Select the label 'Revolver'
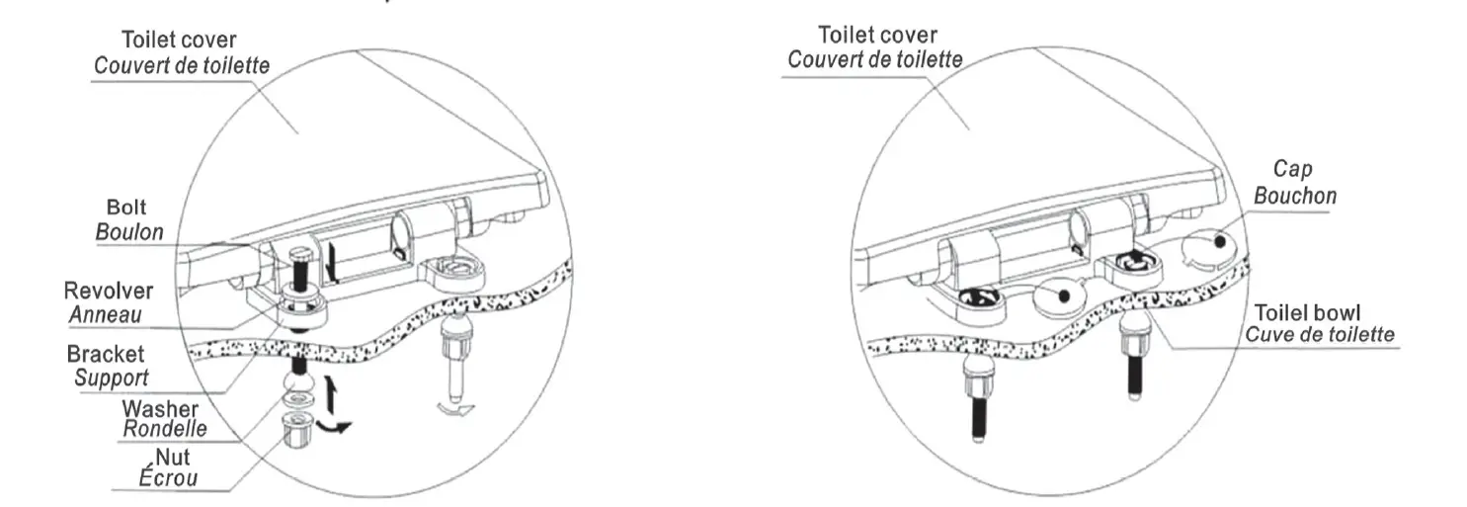point(109,292)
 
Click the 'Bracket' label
point(105,354)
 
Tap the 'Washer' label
point(160,409)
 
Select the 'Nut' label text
point(176,458)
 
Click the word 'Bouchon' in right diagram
point(1295,196)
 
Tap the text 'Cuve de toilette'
point(1320,333)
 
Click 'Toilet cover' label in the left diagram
point(179,41)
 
